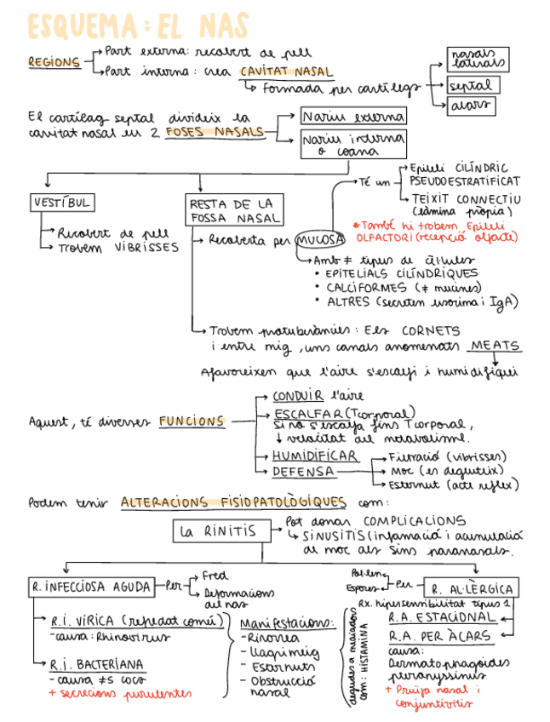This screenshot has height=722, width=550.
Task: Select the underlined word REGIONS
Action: [53, 63]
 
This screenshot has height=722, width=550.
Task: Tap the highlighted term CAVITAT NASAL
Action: [286, 72]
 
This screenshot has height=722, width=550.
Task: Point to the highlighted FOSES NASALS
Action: [214, 132]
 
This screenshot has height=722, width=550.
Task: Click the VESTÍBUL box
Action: [60, 203]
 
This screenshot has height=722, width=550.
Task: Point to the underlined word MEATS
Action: [495, 346]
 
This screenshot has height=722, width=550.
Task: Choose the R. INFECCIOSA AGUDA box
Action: [90, 586]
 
